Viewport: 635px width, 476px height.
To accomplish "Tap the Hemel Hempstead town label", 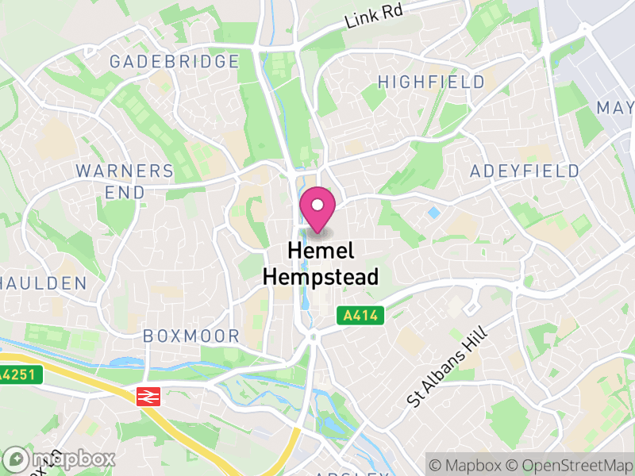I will [x=321, y=263].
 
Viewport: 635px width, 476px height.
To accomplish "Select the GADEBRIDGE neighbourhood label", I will [x=175, y=61].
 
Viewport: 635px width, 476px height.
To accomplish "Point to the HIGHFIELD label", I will [x=431, y=82].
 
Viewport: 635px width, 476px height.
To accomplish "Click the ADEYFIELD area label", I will [x=525, y=171].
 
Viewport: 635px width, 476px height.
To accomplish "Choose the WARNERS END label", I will [x=125, y=182].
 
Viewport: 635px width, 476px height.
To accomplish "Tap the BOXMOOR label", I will [x=191, y=336].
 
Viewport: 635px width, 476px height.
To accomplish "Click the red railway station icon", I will [x=148, y=397].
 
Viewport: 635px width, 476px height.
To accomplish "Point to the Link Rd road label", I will [x=375, y=14].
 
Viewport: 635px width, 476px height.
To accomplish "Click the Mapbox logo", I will [x=60, y=459].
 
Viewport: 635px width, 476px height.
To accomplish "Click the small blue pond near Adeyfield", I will [x=433, y=213].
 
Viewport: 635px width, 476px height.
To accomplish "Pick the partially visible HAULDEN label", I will [x=43, y=283].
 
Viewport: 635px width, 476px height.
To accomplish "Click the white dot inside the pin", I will [x=317, y=205].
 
